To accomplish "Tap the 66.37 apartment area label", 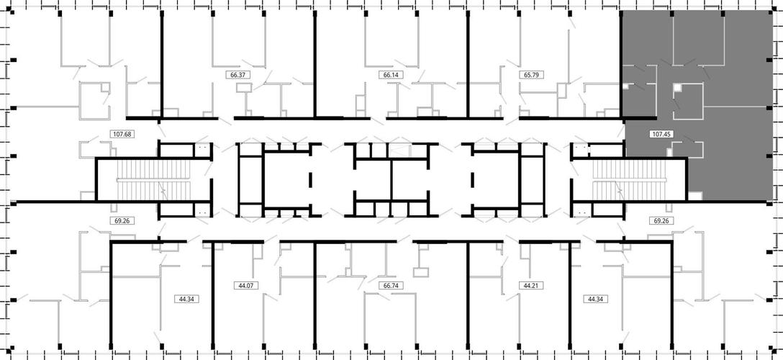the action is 237,75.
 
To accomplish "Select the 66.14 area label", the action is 391,75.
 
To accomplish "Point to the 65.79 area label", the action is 531,75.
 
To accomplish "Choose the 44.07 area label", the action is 245,286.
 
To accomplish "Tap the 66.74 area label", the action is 391,286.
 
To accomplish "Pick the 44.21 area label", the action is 531,286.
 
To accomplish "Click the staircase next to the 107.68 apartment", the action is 154,180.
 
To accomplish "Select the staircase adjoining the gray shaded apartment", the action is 630,180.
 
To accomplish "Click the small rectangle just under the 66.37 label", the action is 245,88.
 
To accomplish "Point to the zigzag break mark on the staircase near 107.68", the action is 163,190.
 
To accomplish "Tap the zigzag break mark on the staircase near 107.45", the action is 620,190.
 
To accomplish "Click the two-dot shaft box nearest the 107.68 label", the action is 202,148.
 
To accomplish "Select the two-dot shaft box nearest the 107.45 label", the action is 581,148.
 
